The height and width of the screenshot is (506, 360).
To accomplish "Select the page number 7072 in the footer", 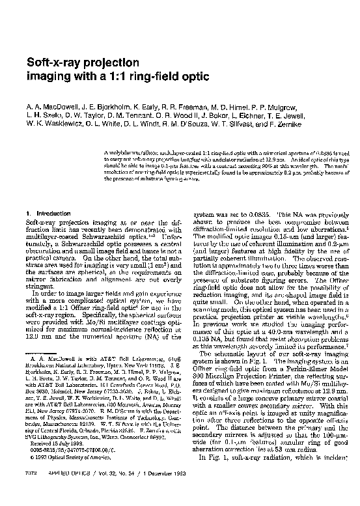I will (33, 490).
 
